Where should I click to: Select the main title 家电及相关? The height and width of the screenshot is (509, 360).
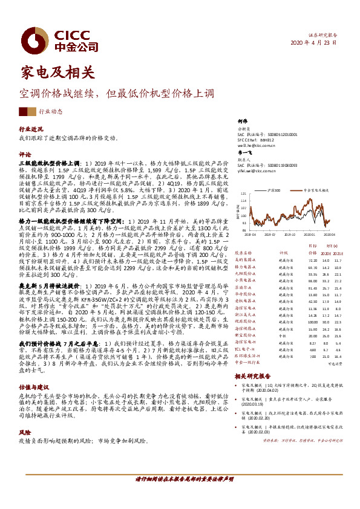click(x=57, y=73)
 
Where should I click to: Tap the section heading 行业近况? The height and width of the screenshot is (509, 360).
click(x=31, y=129)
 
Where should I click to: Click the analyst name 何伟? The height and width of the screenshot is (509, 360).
click(x=243, y=122)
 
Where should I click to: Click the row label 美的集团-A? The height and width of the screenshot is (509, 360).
click(x=246, y=259)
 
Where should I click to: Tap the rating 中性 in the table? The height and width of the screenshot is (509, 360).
click(x=281, y=335)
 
